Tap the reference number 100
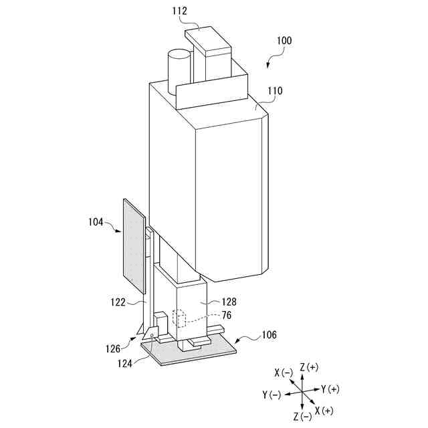click(283, 41)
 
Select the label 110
click(275, 91)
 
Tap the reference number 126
click(112, 348)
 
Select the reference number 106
click(269, 334)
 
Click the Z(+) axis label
click(310, 366)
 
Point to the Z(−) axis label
click(302, 417)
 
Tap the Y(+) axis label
click(330, 389)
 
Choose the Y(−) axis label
click(272, 395)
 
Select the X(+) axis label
click(324, 410)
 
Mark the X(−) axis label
click(283, 372)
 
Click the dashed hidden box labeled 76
click(179, 318)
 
